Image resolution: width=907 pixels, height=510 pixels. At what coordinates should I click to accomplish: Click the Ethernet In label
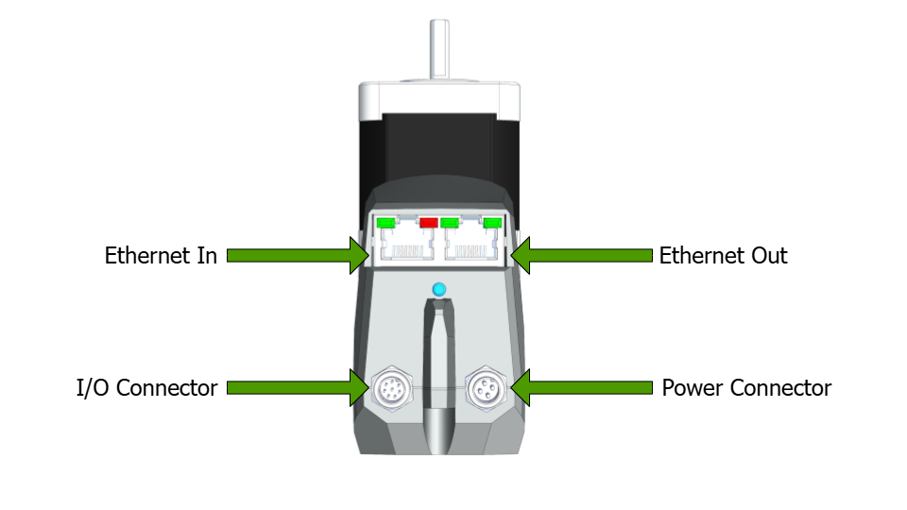161,256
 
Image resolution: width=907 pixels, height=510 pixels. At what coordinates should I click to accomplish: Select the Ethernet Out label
723,256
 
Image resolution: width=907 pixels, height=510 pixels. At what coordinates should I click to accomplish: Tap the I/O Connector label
146,388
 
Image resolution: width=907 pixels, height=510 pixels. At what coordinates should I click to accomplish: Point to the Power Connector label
746,388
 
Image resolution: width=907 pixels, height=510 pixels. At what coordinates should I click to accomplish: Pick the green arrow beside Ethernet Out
581,255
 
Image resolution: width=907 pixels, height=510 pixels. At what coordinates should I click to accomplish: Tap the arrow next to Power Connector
581,387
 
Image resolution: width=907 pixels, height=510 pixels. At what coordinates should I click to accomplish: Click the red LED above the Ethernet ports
428,223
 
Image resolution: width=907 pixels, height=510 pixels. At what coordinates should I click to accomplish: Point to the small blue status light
436,288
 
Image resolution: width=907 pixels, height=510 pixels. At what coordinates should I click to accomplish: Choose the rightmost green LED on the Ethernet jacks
491,224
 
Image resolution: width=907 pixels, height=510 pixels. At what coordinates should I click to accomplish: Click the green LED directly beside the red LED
450,224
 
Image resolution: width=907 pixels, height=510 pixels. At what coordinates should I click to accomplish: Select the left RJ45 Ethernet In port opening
407,248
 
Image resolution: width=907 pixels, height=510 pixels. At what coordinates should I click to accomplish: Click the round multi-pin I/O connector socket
388,387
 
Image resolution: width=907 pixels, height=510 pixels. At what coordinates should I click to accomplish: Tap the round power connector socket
486,387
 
